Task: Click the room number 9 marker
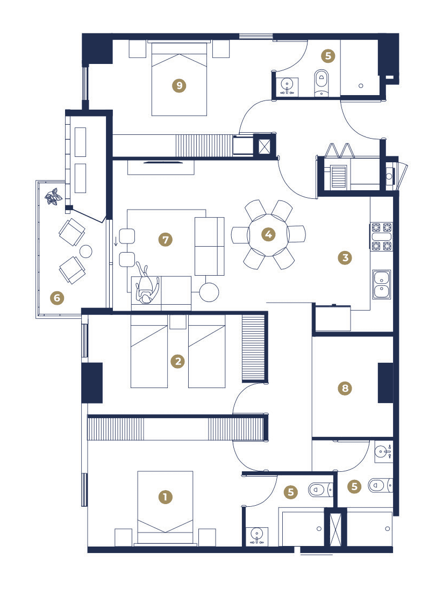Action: tap(179, 85)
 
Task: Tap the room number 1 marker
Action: tap(166, 497)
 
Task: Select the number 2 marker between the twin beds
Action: tap(178, 361)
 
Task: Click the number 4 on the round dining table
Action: tap(268, 235)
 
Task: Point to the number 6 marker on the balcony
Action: tap(57, 298)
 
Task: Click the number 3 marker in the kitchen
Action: tap(345, 258)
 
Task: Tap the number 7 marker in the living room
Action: tap(166, 239)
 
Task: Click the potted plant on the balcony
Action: tap(53, 197)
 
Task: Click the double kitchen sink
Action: tap(381, 284)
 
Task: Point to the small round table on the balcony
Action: tap(87, 251)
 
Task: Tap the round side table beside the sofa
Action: tap(209, 292)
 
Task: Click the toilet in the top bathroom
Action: tap(321, 83)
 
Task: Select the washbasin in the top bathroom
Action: tap(288, 86)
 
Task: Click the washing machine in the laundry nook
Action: tap(338, 176)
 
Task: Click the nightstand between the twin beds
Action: tap(178, 322)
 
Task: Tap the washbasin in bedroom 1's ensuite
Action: tap(256, 535)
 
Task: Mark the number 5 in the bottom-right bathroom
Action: tap(354, 487)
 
